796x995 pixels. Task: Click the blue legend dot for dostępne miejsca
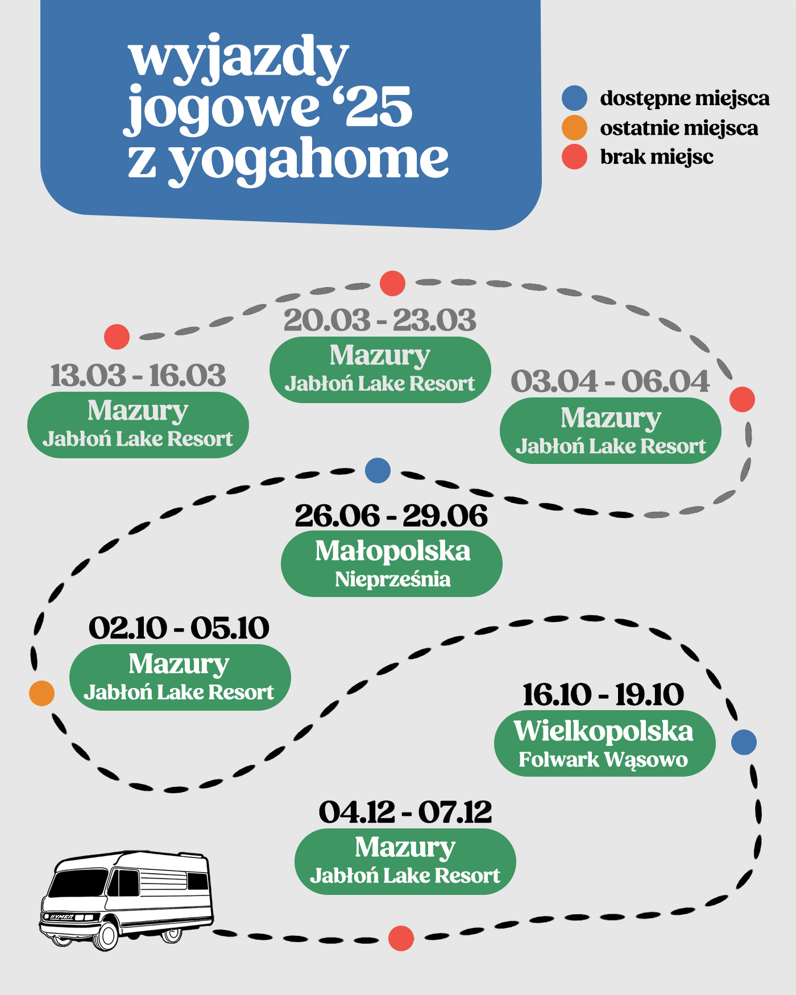574,98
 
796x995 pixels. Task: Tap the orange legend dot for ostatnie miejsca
574,127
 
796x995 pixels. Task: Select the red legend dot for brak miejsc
574,157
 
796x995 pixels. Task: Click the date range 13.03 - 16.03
138,376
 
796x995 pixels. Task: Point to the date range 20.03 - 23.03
380,320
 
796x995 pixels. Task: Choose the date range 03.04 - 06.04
610,381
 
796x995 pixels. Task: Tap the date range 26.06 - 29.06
391,516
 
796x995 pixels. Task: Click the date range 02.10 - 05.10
179,628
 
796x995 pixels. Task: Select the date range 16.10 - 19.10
603,695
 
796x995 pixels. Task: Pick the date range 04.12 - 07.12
405,811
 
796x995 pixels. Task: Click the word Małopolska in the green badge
393,551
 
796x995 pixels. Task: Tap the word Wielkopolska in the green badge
604,731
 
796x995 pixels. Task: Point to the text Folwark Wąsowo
603,760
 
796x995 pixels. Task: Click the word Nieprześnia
393,579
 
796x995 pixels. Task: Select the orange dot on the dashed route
42,693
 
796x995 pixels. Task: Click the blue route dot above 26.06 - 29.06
378,470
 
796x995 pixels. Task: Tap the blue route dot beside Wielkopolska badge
744,742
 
